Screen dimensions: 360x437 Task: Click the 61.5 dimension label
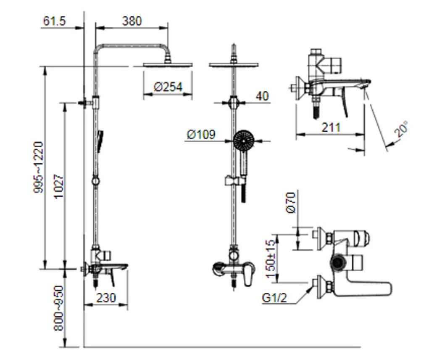pos(54,21)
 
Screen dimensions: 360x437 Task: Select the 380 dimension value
pos(132,21)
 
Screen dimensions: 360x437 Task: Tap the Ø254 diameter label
pos(168,87)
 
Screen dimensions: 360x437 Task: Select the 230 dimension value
pos(105,297)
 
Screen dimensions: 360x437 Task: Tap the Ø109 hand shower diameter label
pos(201,135)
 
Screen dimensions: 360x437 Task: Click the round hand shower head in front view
pos(243,140)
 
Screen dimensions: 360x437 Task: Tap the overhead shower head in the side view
pos(168,64)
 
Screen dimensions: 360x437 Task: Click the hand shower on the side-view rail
pos(100,140)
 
